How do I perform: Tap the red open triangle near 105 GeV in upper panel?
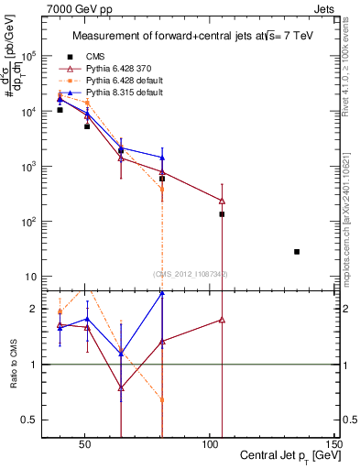222,201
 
